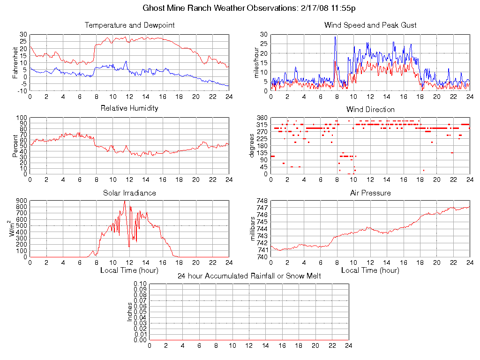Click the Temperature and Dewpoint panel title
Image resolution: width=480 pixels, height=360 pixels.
[x=129, y=25]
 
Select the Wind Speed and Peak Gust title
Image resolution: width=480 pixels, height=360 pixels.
[x=370, y=25]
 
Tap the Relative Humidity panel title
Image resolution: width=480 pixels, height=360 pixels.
[x=129, y=108]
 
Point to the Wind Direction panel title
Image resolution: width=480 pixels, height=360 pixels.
[x=370, y=109]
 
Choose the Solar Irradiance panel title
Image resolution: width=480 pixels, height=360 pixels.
[x=129, y=193]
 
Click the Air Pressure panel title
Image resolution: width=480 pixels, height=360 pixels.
[x=370, y=193]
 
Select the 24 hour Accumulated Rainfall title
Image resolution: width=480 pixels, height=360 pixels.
[x=249, y=276]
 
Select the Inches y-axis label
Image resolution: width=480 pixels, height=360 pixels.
[x=130, y=312]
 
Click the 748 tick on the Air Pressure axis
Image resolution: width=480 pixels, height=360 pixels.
[x=262, y=201]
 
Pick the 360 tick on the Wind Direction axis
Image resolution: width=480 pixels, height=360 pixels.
[x=262, y=118]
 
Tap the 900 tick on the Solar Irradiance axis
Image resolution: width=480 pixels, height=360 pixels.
[x=22, y=201]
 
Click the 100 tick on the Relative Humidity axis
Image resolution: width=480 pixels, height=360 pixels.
[x=22, y=118]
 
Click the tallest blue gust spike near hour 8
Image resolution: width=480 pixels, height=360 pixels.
[x=335, y=37]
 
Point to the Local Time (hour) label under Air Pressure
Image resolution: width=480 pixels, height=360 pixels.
[x=370, y=270]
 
